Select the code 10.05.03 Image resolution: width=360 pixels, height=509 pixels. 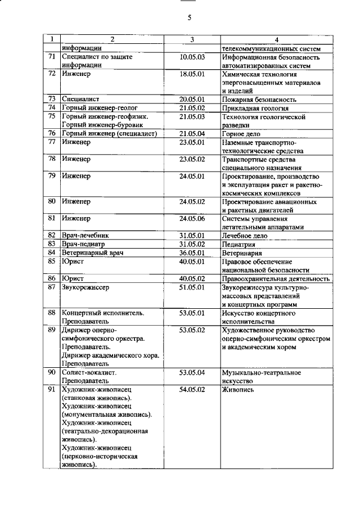tap(192, 57)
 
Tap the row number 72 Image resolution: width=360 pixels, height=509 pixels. tap(51, 74)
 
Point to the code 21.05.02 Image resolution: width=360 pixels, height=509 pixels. tap(192, 108)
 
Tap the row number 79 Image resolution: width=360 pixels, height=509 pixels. tap(51, 176)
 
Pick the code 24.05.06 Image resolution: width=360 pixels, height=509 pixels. tap(192, 218)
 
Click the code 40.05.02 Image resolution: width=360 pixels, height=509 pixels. tap(192, 278)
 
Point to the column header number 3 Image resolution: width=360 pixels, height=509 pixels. tap(192, 39)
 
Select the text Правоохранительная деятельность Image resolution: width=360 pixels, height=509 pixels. tap(275, 278)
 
